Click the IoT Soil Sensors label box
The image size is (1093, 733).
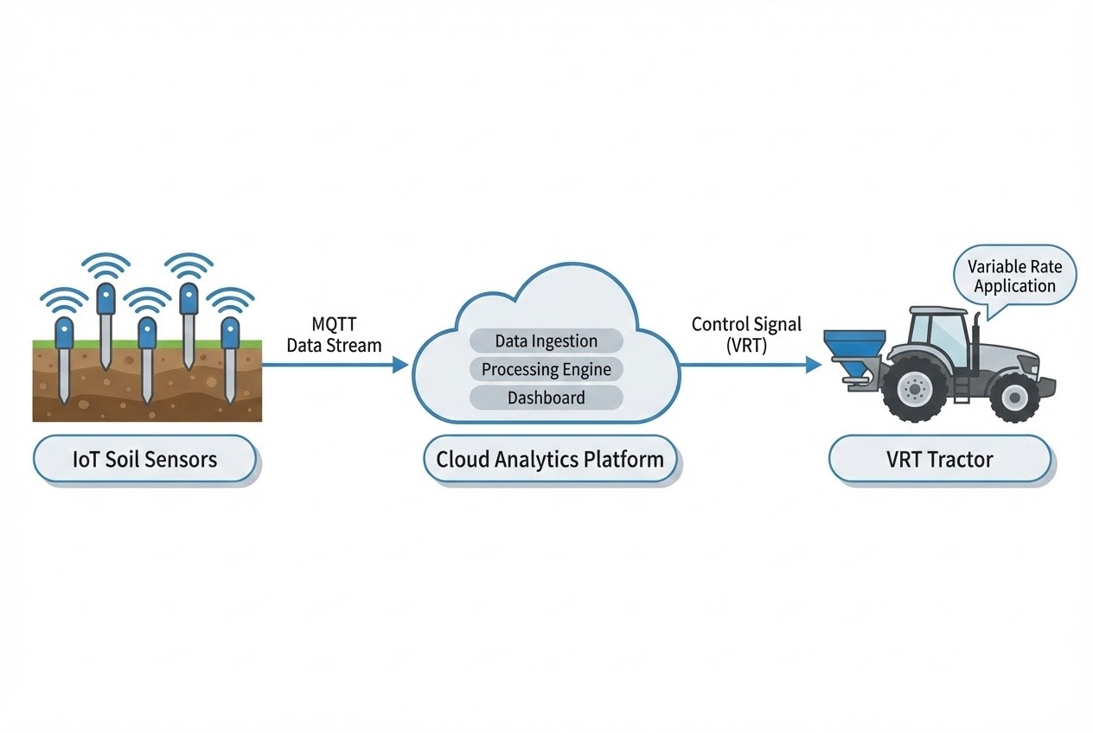[x=144, y=459]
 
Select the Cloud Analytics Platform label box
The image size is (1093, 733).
[x=550, y=459]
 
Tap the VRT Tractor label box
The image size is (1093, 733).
[x=939, y=459]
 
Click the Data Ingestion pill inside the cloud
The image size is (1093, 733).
[x=546, y=341]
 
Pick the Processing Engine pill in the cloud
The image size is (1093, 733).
[x=546, y=369]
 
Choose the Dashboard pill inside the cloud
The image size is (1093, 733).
[x=546, y=398]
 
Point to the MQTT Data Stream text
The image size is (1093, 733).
[x=334, y=335]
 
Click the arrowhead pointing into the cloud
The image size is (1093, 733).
[x=400, y=365]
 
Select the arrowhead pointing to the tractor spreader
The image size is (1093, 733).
[x=814, y=365]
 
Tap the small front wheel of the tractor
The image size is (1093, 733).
[x=1013, y=398]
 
